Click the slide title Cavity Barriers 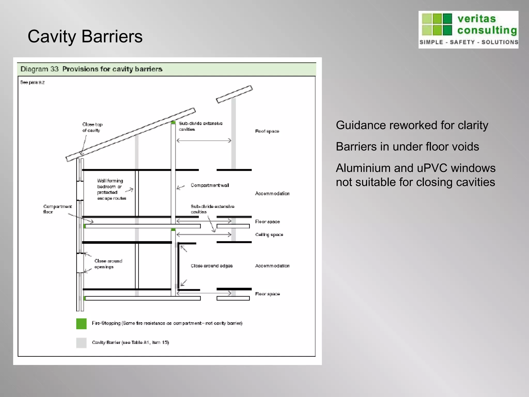[85, 36]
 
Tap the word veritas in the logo [477, 19]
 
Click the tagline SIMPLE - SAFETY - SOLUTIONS [469, 42]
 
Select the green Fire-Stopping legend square [81, 324]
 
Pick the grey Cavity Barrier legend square [81, 343]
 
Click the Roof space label [267, 131]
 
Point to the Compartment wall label [210, 185]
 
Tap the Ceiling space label [269, 235]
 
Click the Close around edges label [212, 266]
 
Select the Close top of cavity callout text [92, 127]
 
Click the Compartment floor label [57, 209]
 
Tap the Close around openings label [108, 264]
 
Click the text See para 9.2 [32, 82]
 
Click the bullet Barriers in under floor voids [407, 147]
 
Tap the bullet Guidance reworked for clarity [412, 125]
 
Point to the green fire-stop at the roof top [173, 122]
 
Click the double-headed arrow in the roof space [204, 141]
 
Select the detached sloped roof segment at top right [234, 94]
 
